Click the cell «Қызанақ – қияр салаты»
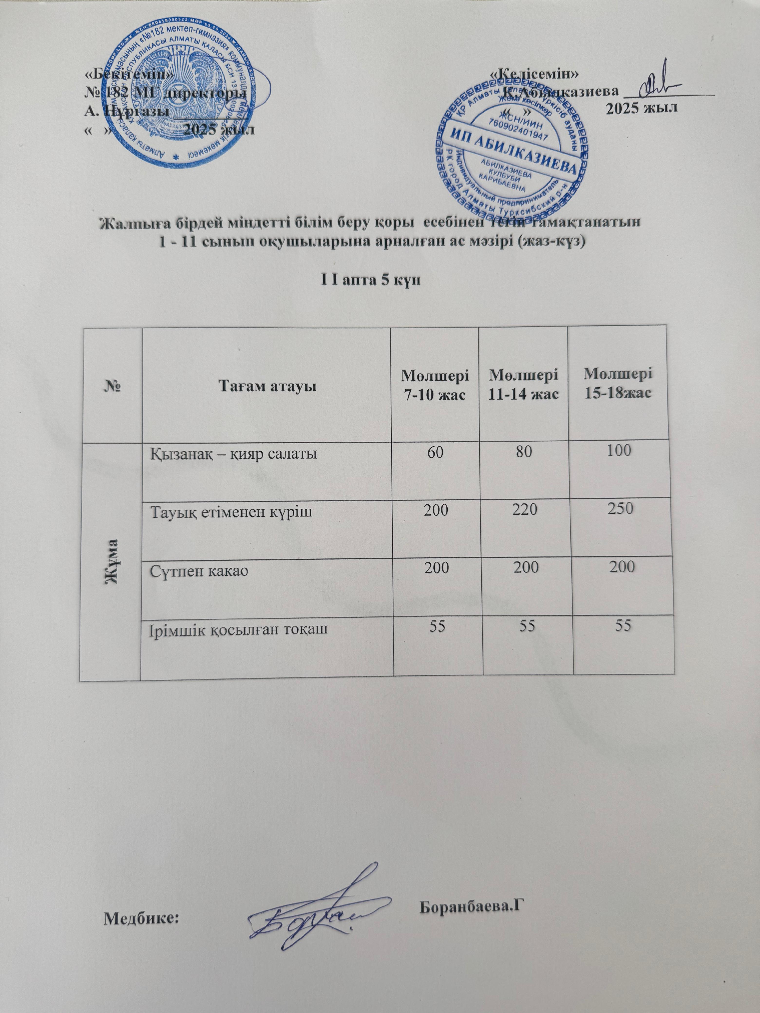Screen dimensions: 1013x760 pyautogui.click(x=234, y=454)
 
